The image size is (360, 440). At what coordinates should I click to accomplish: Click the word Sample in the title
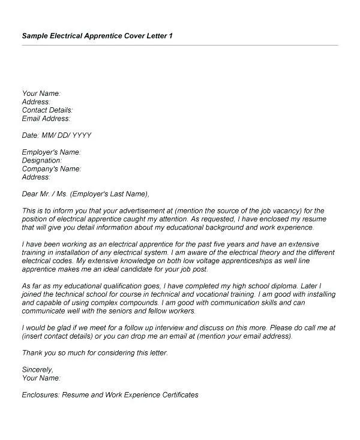(x=35, y=36)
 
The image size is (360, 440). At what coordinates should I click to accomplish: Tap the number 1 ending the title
(x=171, y=36)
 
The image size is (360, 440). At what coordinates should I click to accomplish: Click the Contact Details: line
(x=47, y=110)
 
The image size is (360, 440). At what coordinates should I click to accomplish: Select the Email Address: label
(x=46, y=119)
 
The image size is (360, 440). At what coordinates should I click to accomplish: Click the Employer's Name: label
(x=51, y=152)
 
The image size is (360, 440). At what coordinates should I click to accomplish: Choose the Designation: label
(x=42, y=161)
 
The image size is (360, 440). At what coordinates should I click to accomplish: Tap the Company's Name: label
(x=52, y=169)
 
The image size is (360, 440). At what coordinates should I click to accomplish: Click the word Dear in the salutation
(x=29, y=194)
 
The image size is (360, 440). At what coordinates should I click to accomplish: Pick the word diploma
(x=280, y=287)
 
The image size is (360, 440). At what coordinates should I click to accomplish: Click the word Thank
(x=32, y=354)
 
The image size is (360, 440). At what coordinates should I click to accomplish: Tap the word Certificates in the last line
(x=175, y=395)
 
